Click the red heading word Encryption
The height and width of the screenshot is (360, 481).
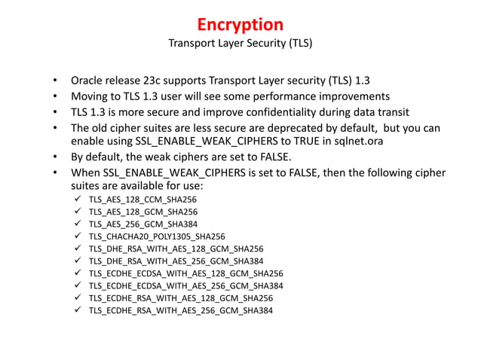[240, 24]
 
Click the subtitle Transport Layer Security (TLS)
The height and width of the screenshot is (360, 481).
[240, 43]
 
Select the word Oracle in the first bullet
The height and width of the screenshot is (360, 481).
[87, 81]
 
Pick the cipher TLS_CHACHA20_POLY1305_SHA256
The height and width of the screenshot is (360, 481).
[157, 236]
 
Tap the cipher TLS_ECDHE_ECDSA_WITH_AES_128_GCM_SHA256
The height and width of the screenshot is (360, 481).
[185, 273]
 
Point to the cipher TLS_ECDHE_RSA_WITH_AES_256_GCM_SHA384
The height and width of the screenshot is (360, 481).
[181, 309]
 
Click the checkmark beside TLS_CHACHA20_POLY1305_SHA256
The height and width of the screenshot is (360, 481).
[79, 236]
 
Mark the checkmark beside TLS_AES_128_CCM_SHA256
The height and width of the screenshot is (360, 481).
[79, 200]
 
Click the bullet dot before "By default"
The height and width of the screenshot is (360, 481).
[55, 157]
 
